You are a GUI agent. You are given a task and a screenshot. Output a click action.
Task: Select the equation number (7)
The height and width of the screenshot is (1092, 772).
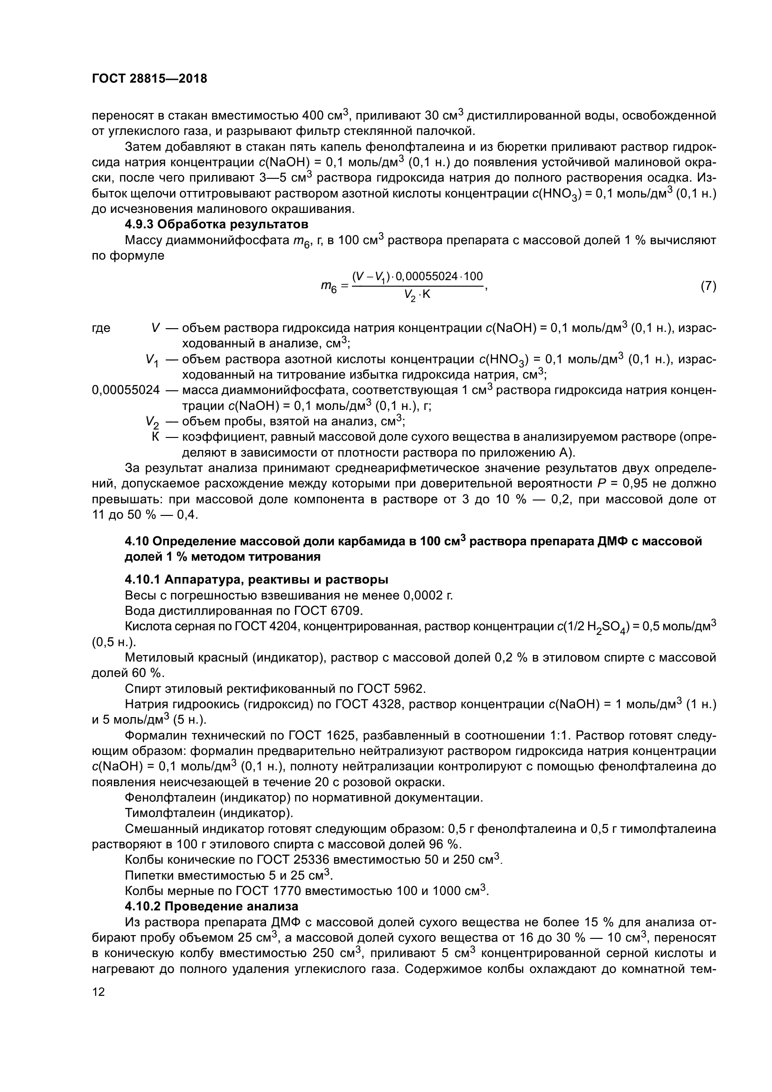[708, 286]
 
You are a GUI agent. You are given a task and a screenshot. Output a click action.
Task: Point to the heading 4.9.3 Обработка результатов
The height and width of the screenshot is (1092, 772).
[216, 224]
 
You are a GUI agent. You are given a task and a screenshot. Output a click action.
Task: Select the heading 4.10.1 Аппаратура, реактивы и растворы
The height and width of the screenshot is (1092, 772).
[256, 580]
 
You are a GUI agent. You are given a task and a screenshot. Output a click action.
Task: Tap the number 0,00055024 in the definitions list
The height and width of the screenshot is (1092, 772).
[126, 390]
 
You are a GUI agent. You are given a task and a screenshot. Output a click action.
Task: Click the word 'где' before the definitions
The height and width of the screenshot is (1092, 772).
[101, 328]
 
